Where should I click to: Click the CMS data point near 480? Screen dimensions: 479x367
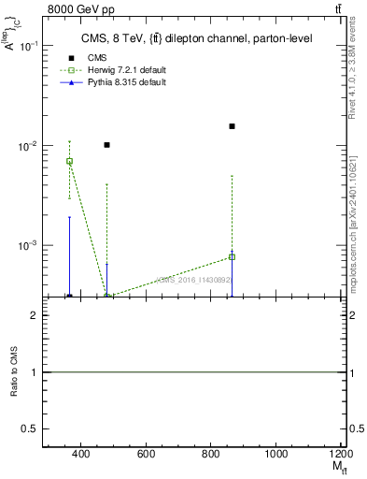[x=107, y=145]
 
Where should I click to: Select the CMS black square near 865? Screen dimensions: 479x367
[x=232, y=126]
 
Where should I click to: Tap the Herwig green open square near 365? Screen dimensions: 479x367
[x=69, y=161]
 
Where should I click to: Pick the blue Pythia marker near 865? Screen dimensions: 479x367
[x=232, y=255]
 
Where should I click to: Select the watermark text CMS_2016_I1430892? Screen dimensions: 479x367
[x=193, y=279]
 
